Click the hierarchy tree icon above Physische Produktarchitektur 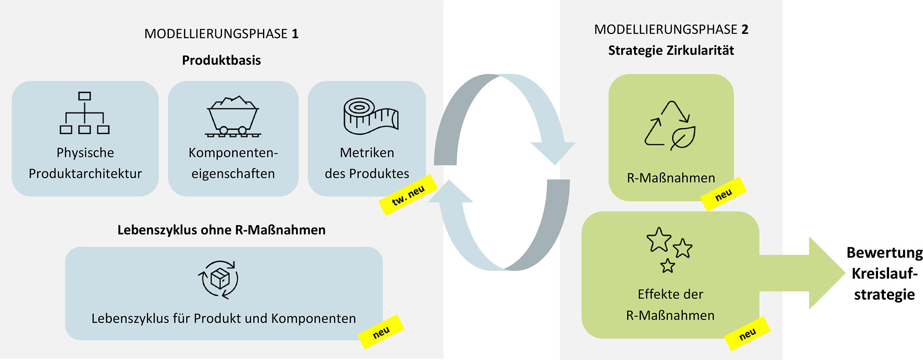[x=84, y=113]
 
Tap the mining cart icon [x=233, y=116]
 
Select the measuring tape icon [x=370, y=116]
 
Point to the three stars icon [x=669, y=249]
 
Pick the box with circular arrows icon [x=218, y=279]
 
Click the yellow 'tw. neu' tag [x=408, y=195]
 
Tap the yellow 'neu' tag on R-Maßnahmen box [x=723, y=194]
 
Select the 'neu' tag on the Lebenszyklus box [x=381, y=332]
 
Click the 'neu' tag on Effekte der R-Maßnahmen [x=748, y=334]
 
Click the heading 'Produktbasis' [x=221, y=60]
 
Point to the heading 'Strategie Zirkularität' [x=671, y=50]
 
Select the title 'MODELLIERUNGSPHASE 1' [x=221, y=34]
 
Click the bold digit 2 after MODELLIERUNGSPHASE [x=745, y=30]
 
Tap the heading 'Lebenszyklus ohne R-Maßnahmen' [x=221, y=230]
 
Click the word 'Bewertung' [x=884, y=253]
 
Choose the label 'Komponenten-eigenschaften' [x=233, y=163]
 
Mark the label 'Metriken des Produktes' [x=367, y=163]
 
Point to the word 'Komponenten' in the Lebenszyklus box [x=313, y=319]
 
